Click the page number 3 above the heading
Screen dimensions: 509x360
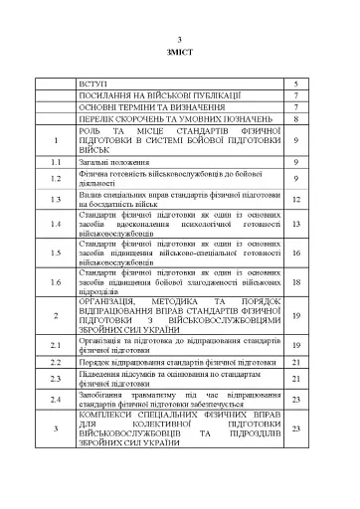pos(181,35)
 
